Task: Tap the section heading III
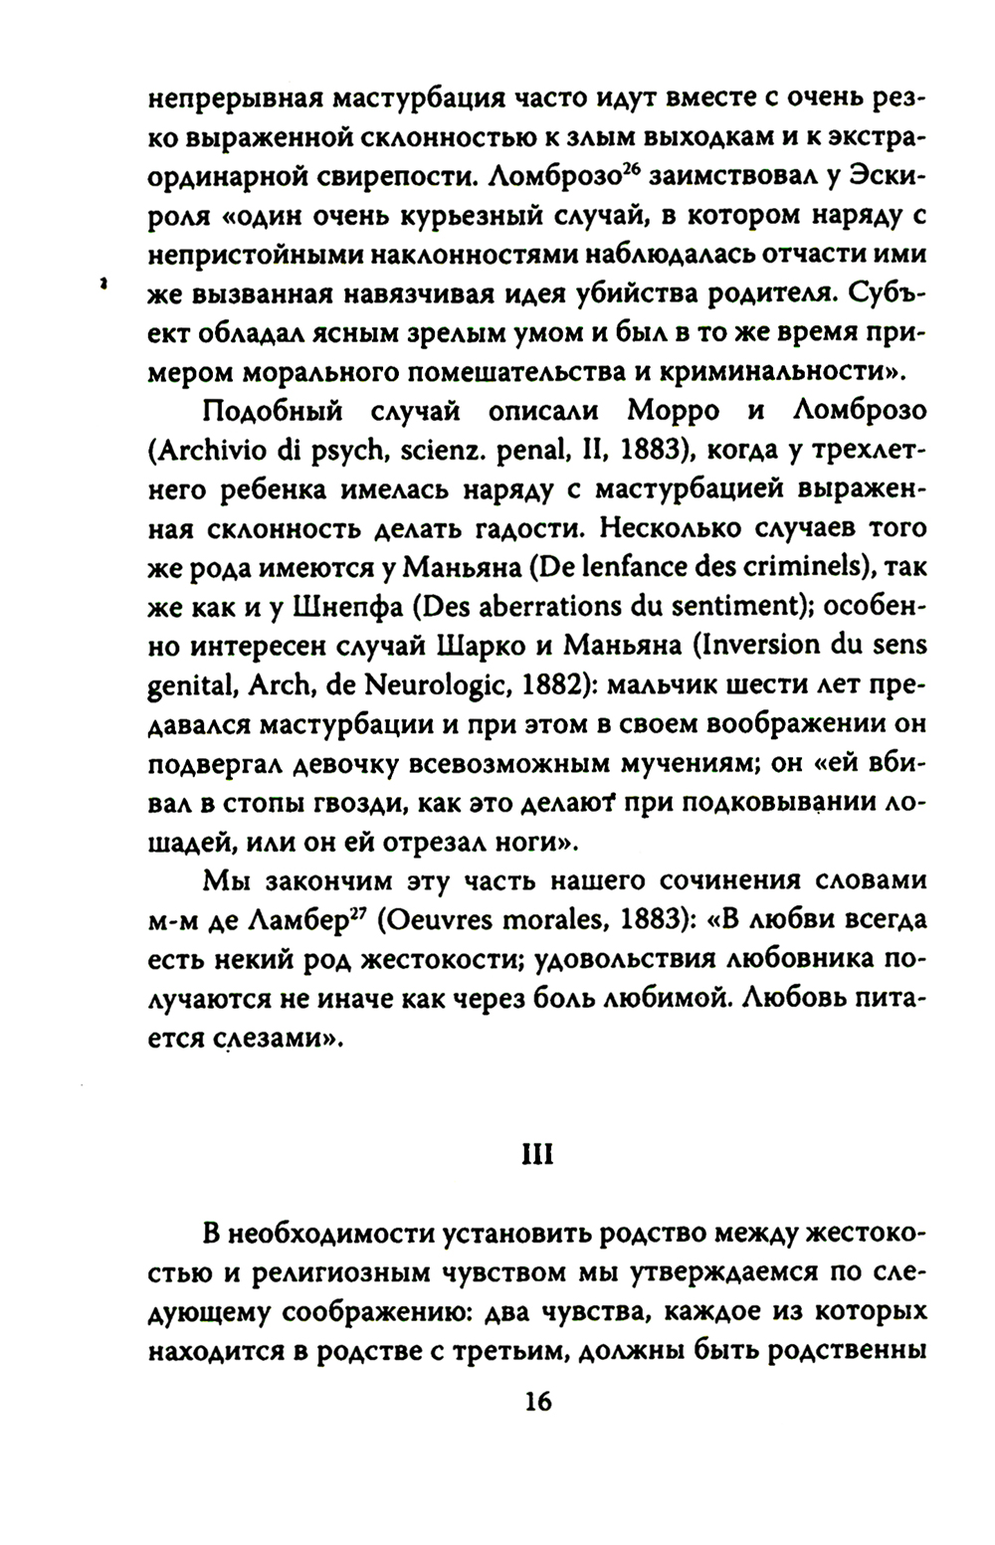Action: [536, 1156]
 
